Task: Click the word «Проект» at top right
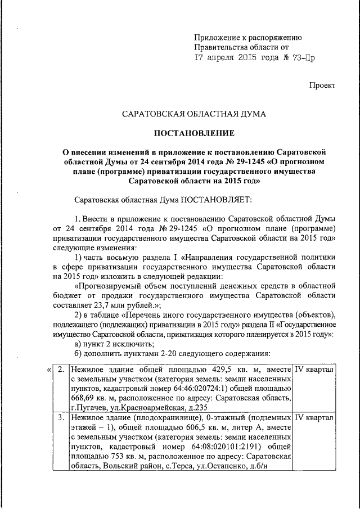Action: pos(322,85)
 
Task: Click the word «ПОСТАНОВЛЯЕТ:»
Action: pos(216,199)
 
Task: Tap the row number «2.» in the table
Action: pos(61,370)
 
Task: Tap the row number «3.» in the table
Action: pos(61,418)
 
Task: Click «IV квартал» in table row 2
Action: pos(315,370)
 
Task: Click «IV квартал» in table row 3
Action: pos(315,418)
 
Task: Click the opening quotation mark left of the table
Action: pos(49,370)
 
